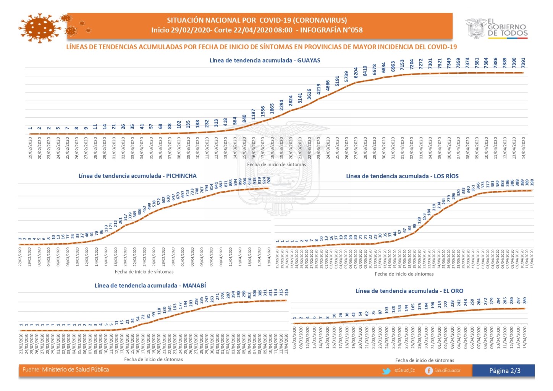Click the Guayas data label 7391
point(524,62)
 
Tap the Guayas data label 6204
point(356,72)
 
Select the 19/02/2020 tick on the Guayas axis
point(30,148)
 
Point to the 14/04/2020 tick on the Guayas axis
point(524,148)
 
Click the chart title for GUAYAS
point(265,60)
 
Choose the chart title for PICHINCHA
point(137,176)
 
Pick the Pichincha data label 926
point(269,180)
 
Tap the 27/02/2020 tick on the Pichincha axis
point(20,256)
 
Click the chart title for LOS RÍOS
point(402,176)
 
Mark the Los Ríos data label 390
point(532,182)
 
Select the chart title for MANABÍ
point(150,286)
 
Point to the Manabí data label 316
point(286,292)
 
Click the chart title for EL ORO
point(409,291)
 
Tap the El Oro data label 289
point(525,300)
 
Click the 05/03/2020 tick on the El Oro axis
point(294,337)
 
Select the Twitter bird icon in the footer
point(386,371)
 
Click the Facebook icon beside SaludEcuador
point(429,371)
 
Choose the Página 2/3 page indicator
point(504,371)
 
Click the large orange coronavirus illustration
point(40,28)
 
